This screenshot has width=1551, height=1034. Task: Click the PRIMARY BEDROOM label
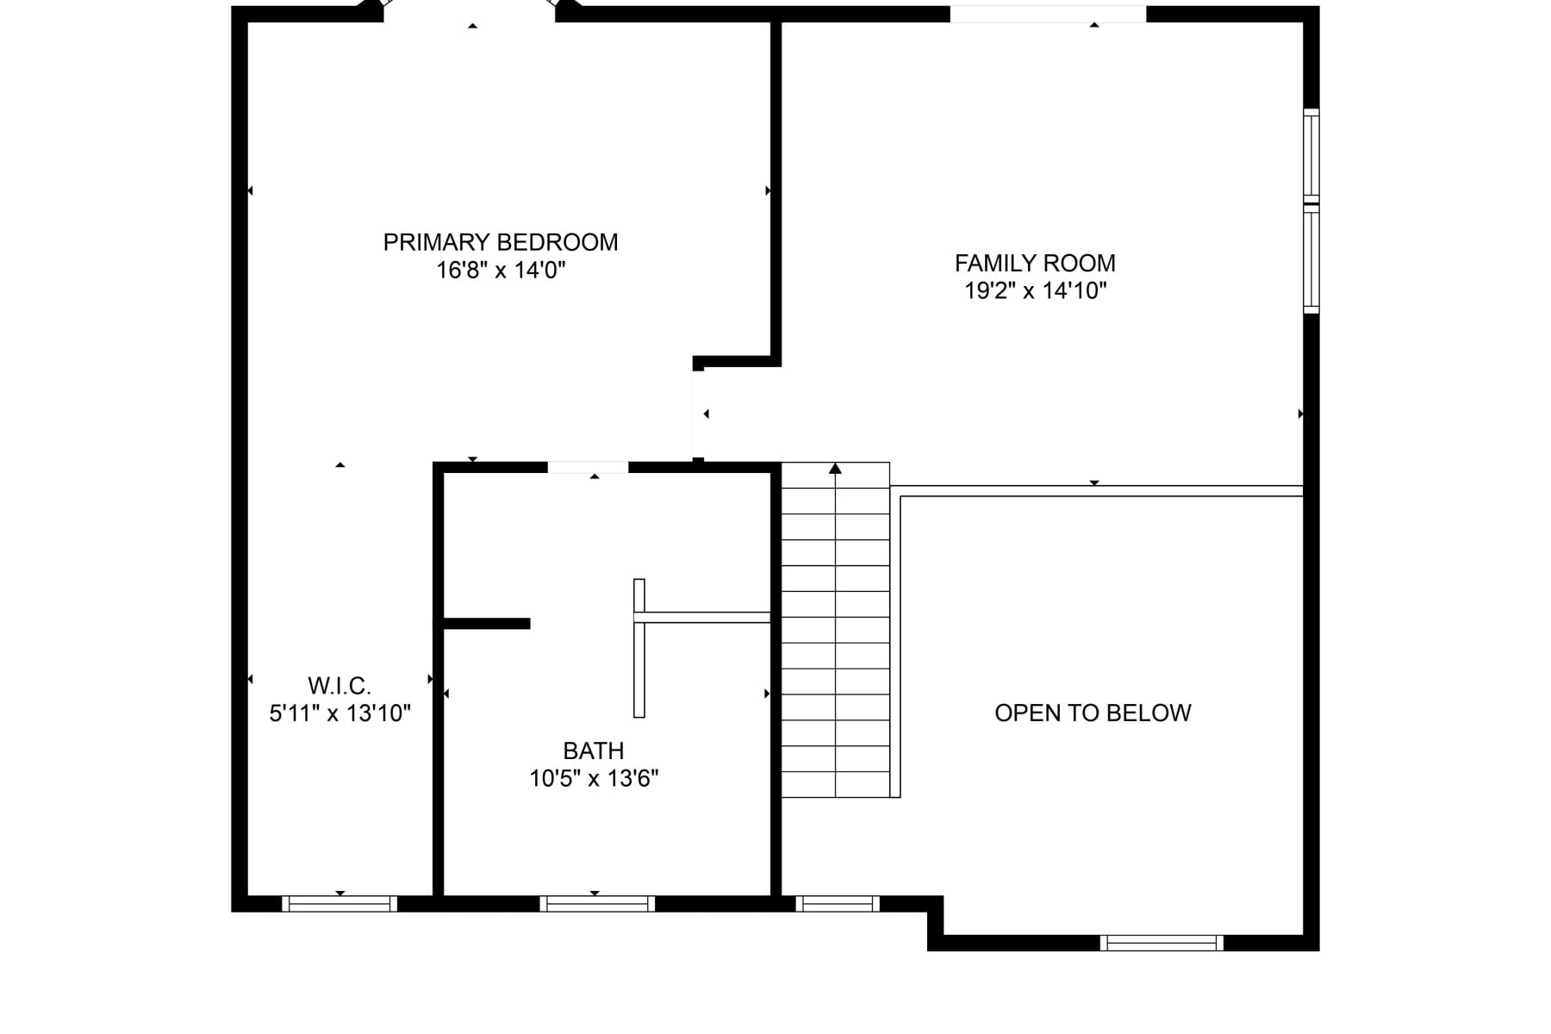point(501,242)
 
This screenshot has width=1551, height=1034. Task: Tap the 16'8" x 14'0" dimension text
point(501,271)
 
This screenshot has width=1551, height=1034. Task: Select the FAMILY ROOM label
point(1035,263)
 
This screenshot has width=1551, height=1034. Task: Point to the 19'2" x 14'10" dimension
point(1035,290)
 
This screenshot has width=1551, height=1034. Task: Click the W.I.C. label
point(339,686)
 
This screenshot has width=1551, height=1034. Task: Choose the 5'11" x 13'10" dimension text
point(339,713)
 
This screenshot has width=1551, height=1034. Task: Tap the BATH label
point(594,751)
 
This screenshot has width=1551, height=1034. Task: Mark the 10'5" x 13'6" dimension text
point(594,779)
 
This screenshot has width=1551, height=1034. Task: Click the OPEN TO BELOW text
point(1093,713)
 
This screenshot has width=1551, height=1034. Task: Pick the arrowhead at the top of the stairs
point(835,468)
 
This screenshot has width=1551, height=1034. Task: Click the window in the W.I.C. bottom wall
point(339,904)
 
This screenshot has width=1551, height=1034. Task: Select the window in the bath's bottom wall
point(597,904)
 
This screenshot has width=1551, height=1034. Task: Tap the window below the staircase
point(838,904)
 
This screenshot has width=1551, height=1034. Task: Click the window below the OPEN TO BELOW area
point(1162,943)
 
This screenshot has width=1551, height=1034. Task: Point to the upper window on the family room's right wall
point(1311,156)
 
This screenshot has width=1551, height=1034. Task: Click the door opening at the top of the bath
point(588,467)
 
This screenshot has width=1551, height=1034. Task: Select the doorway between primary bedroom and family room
point(698,414)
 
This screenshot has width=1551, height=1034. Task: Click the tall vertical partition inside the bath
point(639,648)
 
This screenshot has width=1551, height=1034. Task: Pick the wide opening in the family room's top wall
point(1048,14)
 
